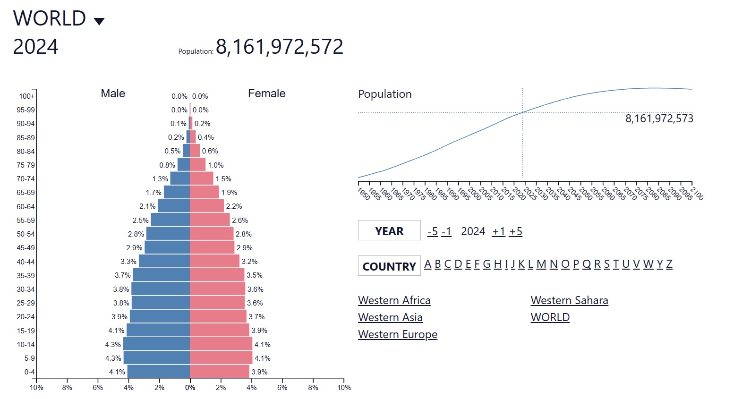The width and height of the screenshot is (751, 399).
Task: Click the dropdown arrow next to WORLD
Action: (x=99, y=21)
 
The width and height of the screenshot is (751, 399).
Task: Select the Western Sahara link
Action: (x=569, y=300)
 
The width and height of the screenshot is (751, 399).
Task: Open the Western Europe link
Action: (x=398, y=334)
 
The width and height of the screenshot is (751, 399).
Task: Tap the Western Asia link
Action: (x=390, y=317)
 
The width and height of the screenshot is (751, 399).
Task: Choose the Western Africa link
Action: (x=394, y=300)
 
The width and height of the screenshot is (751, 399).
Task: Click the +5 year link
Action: (x=516, y=231)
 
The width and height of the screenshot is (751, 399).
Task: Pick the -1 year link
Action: (x=446, y=231)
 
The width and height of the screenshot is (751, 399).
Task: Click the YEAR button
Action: (x=389, y=230)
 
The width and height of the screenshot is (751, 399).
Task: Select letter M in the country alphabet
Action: (x=541, y=264)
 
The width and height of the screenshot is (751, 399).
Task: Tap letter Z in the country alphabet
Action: (x=669, y=264)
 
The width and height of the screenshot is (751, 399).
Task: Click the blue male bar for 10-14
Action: (x=156, y=344)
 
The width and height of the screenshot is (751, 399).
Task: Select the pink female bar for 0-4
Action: (x=220, y=372)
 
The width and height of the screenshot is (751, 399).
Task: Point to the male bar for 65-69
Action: (x=177, y=192)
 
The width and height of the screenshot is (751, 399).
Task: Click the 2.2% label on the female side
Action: (x=234, y=206)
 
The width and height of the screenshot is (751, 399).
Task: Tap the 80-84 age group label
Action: (x=26, y=152)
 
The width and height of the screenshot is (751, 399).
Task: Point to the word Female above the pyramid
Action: (x=266, y=93)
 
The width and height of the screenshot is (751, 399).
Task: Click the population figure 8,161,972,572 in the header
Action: (x=280, y=47)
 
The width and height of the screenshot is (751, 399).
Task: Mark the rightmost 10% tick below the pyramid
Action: (x=344, y=388)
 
